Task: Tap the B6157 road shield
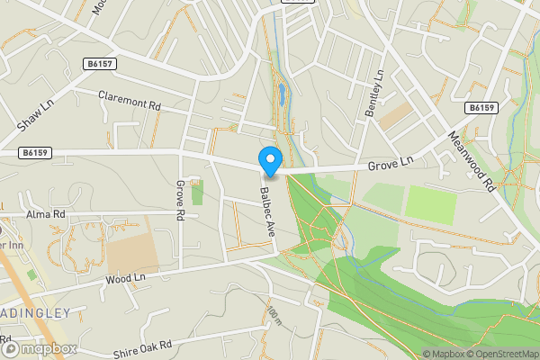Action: pyautogui.click(x=101, y=65)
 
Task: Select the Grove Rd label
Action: pyautogui.click(x=181, y=200)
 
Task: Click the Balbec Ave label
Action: pyautogui.click(x=267, y=211)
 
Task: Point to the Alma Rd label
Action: pyautogui.click(x=46, y=214)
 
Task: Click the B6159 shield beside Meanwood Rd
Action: pyautogui.click(x=482, y=108)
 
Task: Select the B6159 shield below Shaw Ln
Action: pyautogui.click(x=35, y=153)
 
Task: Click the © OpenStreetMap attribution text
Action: pyautogui.click(x=500, y=354)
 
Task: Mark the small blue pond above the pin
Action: pyautogui.click(x=281, y=93)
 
